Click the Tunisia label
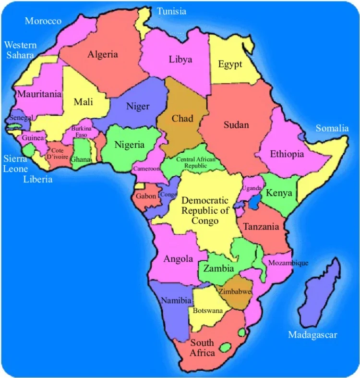[171, 11]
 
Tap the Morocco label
[43, 21]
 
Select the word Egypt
[230, 64]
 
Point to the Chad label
[182, 119]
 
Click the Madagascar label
[312, 335]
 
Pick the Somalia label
[332, 128]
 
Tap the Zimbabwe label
[235, 292]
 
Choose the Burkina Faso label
[81, 132]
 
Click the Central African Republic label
[196, 162]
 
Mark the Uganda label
[252, 188]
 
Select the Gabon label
[145, 196]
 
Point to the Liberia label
[38, 180]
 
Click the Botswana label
[208, 311]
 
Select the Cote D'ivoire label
[57, 153]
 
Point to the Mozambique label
[288, 263]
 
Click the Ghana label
[80, 159]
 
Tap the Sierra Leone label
[15, 163]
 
